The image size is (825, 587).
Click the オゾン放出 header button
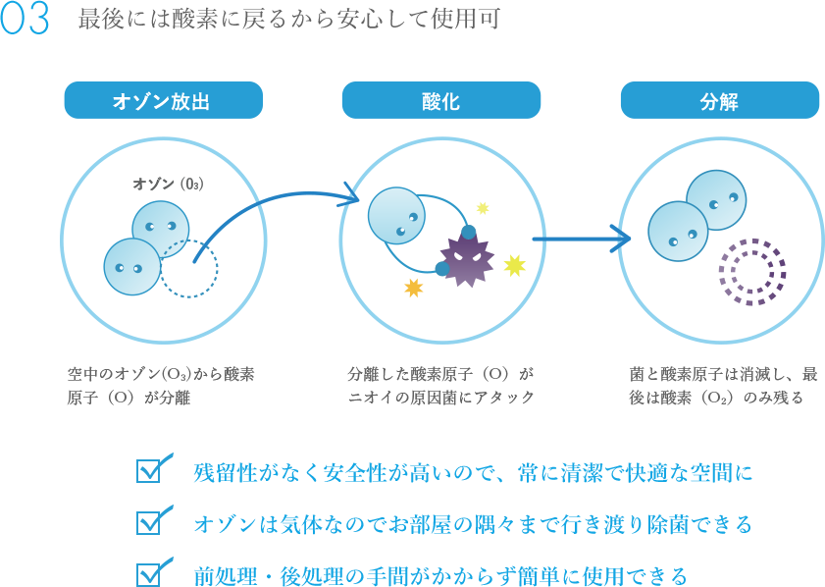coord(163,101)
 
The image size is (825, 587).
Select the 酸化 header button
coord(440,101)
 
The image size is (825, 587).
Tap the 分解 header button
coord(719,101)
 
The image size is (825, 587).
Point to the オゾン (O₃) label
coord(169,184)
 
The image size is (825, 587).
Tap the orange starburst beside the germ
coord(414,287)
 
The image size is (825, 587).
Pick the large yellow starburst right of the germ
coord(514,265)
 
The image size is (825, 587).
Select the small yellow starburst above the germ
coord(482,208)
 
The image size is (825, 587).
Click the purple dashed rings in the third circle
coord(751,271)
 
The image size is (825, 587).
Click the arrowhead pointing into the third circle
coord(621,238)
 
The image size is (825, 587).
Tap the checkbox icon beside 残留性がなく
coord(152,469)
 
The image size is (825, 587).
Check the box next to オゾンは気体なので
coord(152,520)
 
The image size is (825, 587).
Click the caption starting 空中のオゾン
coord(161,385)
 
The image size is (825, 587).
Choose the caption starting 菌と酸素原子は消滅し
coord(723,385)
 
